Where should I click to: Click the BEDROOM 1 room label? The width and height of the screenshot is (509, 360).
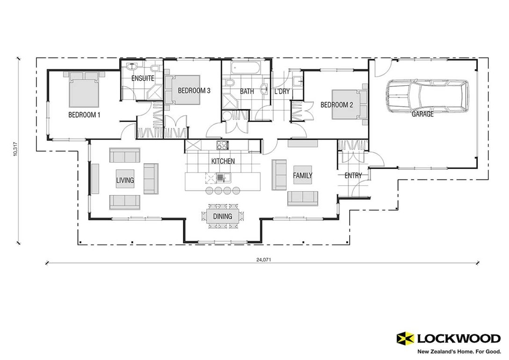85,115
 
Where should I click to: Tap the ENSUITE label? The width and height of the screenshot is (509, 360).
143,79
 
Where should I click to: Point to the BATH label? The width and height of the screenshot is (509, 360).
247,92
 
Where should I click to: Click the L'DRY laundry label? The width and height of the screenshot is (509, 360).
282,92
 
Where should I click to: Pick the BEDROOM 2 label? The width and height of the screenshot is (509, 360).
337,105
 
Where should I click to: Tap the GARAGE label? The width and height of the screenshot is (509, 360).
423,114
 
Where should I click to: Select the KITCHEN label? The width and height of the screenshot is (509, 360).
223,161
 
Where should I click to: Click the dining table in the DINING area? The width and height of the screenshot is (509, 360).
222,216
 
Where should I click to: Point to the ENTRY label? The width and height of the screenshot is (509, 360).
353,176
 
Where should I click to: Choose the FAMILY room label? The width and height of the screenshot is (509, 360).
302,176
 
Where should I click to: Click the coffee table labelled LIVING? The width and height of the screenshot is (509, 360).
125,180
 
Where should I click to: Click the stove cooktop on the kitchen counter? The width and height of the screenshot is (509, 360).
221,145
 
